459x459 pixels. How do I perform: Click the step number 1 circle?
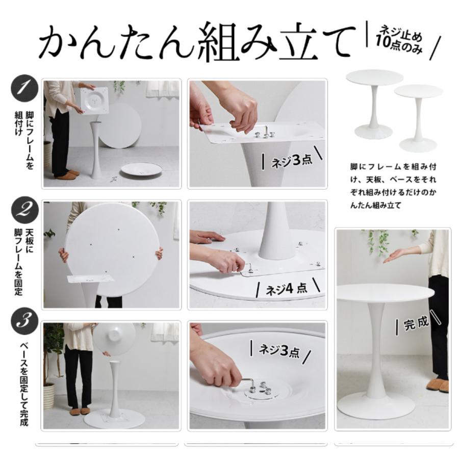pyautogui.click(x=24, y=89)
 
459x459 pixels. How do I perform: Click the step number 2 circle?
pyautogui.click(x=25, y=209)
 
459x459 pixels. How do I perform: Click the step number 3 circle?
pyautogui.click(x=24, y=321)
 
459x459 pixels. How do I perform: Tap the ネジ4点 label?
pyautogui.click(x=287, y=288)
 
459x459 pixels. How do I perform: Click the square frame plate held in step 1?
pyautogui.click(x=94, y=101)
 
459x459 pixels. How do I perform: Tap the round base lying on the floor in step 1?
pyautogui.click(x=141, y=170)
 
